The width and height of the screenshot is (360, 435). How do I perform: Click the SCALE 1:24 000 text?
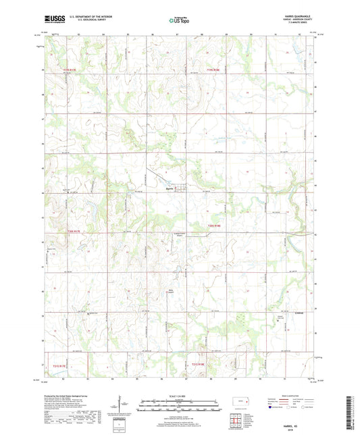pyautogui.click(x=180, y=397)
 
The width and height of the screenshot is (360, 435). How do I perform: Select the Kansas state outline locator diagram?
pyautogui.click(x=241, y=402)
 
